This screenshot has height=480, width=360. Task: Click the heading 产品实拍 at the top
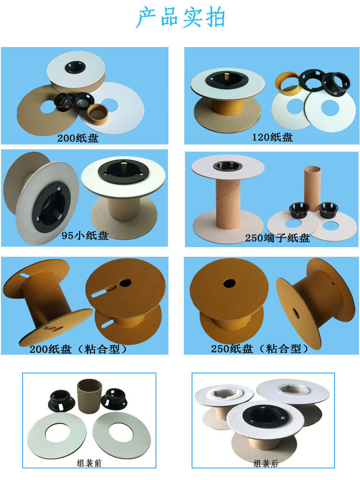pyautogui.click(x=180, y=18)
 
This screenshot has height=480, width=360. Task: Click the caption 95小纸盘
pyautogui.click(x=85, y=236)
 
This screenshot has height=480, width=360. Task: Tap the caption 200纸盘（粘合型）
pyautogui.click(x=79, y=349)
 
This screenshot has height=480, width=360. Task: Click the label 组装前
pyautogui.click(x=89, y=463)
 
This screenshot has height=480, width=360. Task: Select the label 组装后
pyautogui.click(x=266, y=463)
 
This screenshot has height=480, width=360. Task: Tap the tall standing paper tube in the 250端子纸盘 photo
pyautogui.click(x=311, y=187)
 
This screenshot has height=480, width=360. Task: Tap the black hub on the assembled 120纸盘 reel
pyautogui.click(x=227, y=79)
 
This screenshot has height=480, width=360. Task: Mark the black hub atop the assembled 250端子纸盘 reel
pyautogui.click(x=228, y=166)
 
